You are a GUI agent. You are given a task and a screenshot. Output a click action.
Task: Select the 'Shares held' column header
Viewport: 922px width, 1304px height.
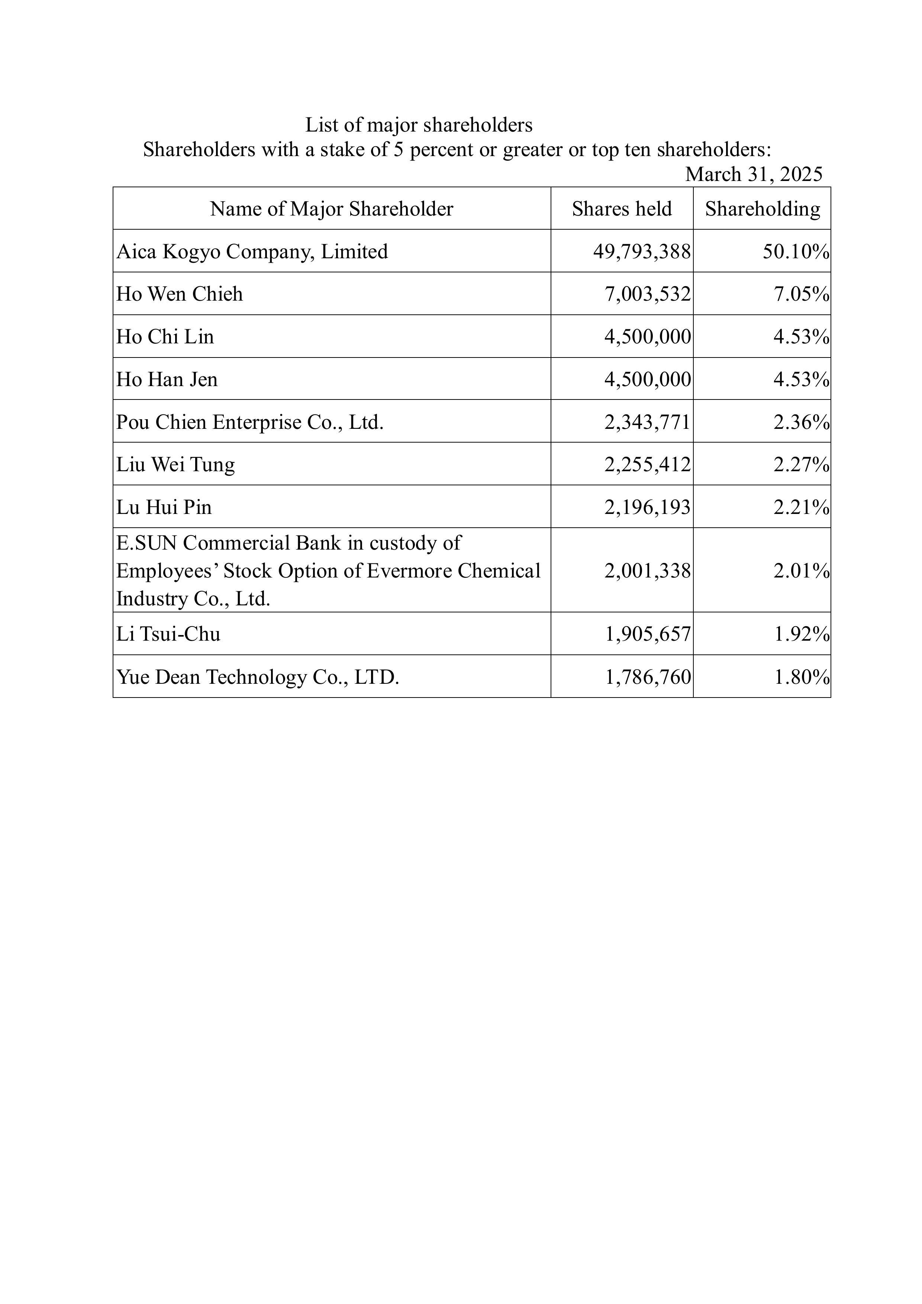click(622, 209)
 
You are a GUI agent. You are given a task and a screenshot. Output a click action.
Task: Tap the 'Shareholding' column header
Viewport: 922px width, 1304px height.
click(763, 209)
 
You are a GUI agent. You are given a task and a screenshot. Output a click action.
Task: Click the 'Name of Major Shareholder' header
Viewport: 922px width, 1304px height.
click(331, 209)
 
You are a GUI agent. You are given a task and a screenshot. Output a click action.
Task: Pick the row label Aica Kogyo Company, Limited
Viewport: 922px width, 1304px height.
click(252, 252)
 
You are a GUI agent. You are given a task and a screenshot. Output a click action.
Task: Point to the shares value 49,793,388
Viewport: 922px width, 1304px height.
click(642, 252)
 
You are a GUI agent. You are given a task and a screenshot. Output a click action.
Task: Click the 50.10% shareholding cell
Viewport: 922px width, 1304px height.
click(795, 252)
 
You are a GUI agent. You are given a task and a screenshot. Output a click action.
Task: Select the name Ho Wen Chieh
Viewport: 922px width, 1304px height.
click(180, 294)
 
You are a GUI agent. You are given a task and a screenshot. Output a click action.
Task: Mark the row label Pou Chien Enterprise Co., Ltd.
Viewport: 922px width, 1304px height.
click(250, 422)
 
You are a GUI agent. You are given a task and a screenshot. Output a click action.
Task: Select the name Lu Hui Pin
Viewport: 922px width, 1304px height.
click(164, 507)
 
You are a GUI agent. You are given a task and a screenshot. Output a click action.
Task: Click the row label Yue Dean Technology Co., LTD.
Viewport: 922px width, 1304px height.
click(258, 677)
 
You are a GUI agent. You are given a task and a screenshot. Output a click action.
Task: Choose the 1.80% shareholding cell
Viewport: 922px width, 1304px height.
click(801, 677)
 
